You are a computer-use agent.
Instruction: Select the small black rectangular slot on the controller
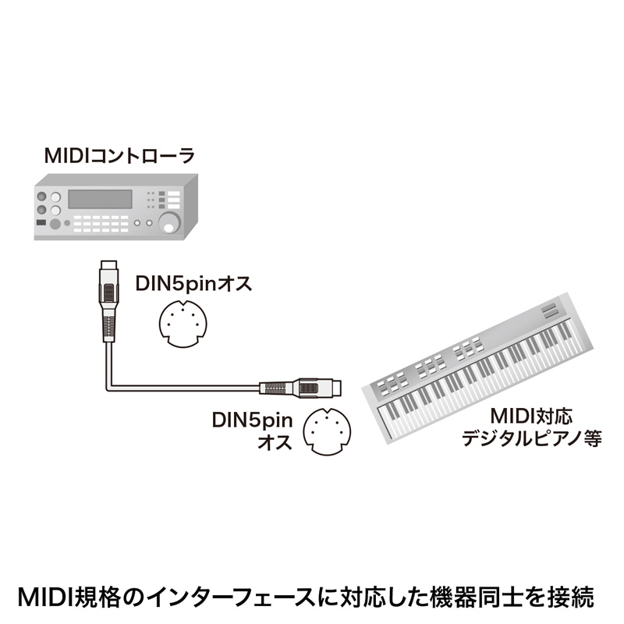(41, 225)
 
